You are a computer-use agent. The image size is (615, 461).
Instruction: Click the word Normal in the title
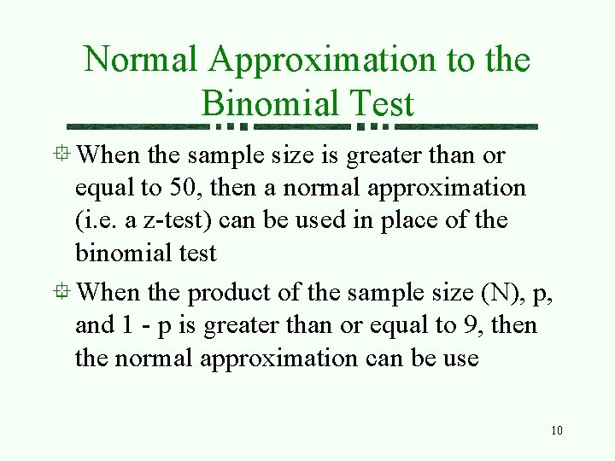[141, 60]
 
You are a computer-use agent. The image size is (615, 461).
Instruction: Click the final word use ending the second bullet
[461, 359]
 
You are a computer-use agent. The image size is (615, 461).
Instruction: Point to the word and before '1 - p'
[94, 325]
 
